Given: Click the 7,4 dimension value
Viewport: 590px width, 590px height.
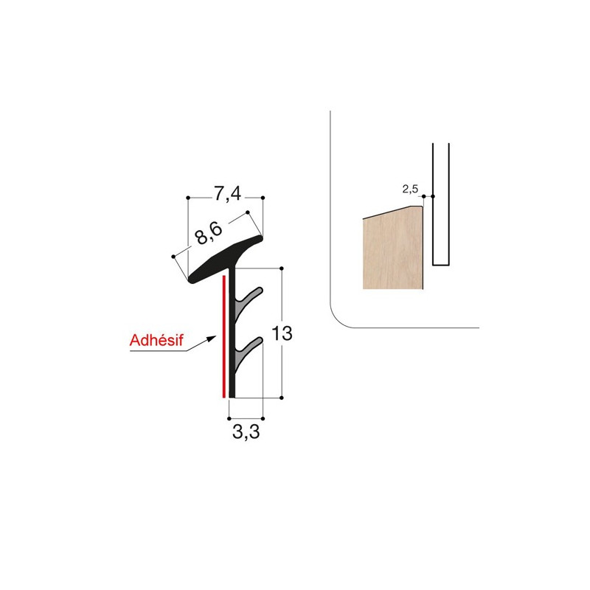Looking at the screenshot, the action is point(227,195).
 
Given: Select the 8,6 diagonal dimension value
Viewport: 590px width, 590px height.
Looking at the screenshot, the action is point(209,233).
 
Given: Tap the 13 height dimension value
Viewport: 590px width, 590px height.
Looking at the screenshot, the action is point(282,333).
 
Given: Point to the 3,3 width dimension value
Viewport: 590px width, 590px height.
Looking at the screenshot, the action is point(246,432).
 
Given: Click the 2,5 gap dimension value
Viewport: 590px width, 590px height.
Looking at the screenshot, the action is point(410,189).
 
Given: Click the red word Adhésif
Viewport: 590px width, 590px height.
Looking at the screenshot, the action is point(156,340).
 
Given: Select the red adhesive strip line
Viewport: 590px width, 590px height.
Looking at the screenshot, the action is point(224,336).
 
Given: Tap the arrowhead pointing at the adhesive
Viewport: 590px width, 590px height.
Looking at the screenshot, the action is point(212,339).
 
